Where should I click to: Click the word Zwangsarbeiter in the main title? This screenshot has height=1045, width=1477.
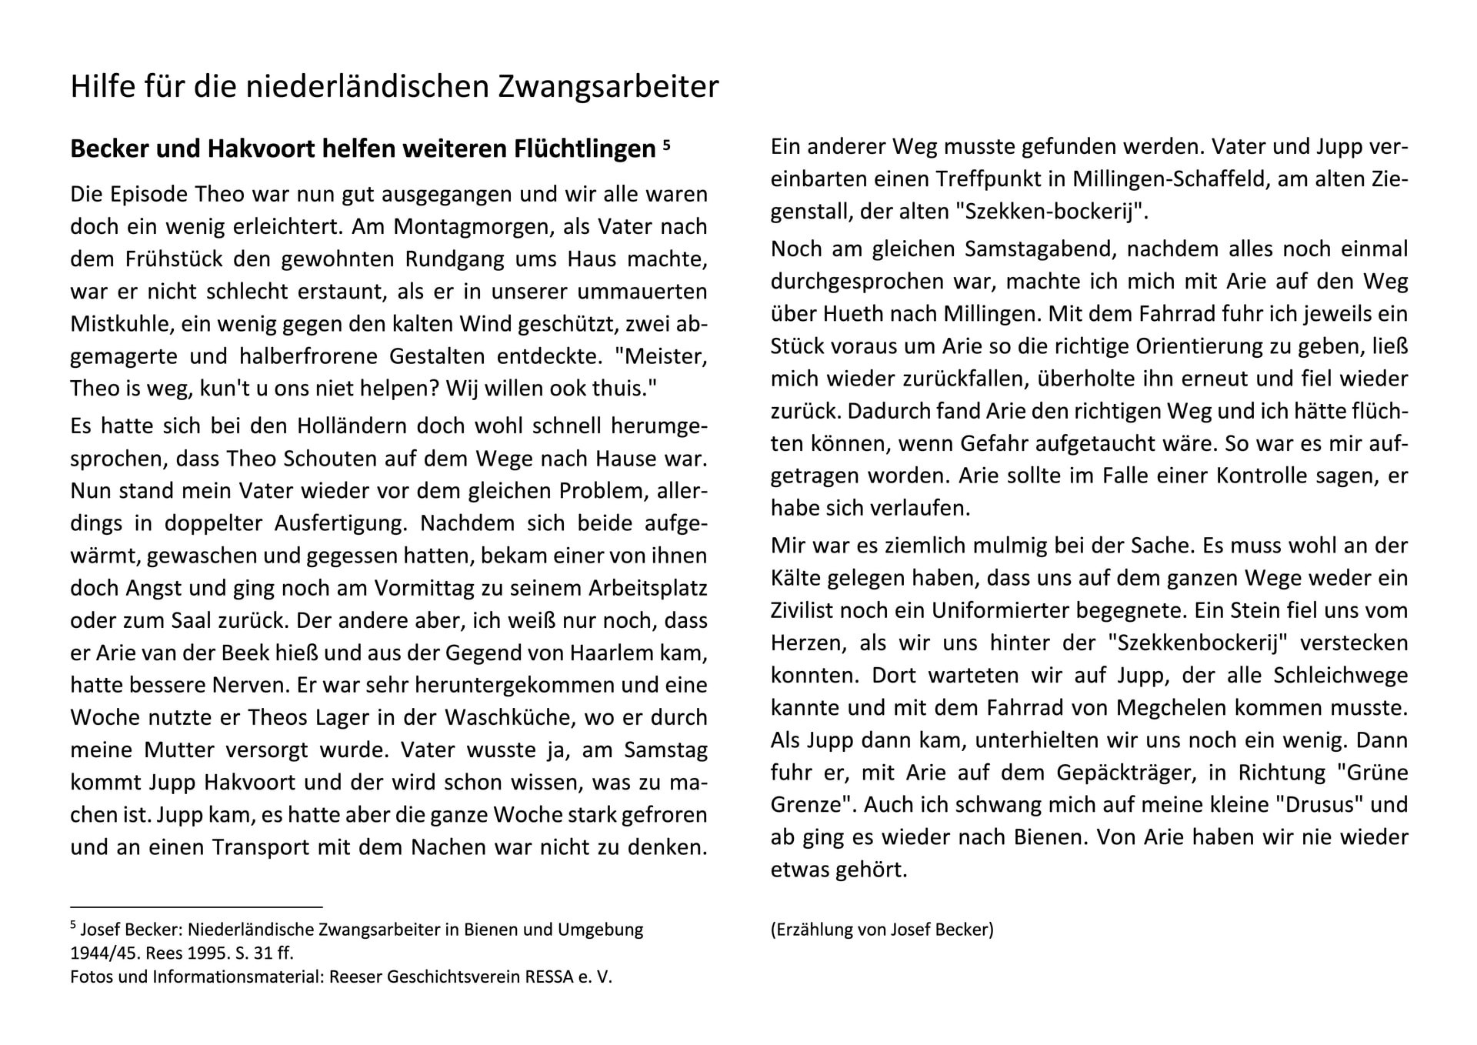point(608,87)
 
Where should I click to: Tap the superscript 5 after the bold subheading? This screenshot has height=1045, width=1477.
point(666,143)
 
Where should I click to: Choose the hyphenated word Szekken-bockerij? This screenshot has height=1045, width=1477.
point(1049,212)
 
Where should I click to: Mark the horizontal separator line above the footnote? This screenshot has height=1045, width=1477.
point(196,907)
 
